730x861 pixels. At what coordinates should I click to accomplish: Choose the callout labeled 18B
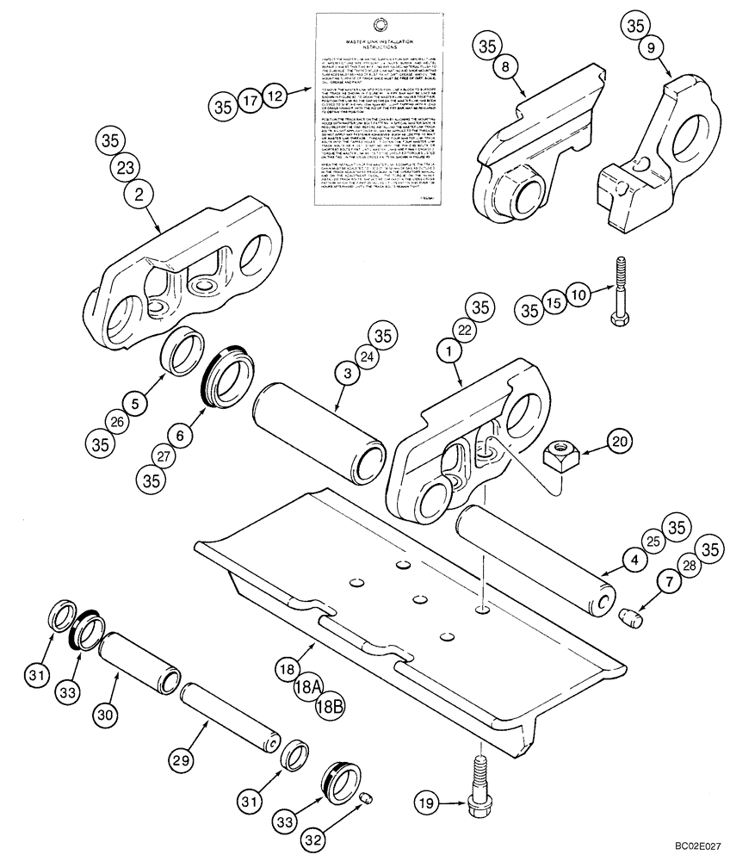coord(330,707)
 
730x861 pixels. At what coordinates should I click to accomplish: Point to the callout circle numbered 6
coord(179,437)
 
